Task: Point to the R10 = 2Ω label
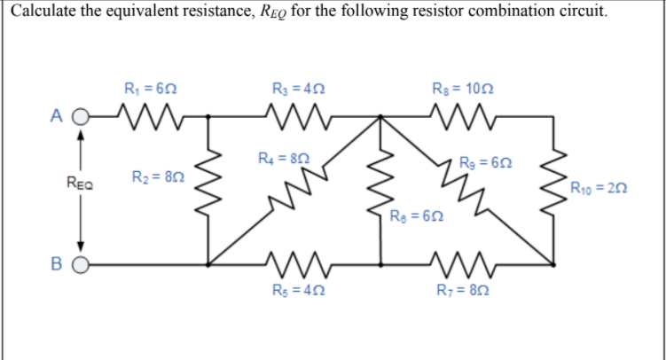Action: [x=601, y=187]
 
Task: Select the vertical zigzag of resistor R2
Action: [x=209, y=189]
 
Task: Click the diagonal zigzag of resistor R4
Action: [x=297, y=189]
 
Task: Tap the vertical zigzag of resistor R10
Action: [x=555, y=189]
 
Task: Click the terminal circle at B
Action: [x=81, y=264]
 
